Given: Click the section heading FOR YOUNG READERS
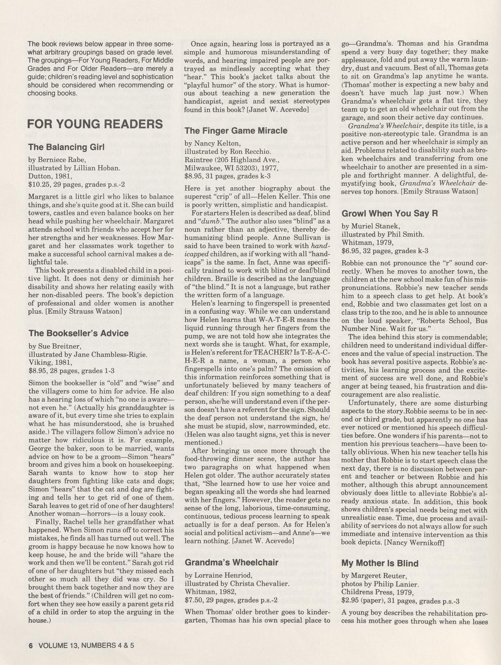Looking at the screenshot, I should click(x=95, y=124).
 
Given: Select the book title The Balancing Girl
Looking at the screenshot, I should click(x=66, y=147).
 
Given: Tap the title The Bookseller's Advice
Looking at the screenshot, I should click(x=78, y=333).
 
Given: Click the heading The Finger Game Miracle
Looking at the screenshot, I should click(x=236, y=131).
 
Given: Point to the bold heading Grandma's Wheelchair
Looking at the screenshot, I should click(x=231, y=562).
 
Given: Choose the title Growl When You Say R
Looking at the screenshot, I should click(x=389, y=213).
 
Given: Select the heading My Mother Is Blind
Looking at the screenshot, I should click(x=380, y=563).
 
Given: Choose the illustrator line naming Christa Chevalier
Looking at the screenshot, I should click(x=237, y=583).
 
